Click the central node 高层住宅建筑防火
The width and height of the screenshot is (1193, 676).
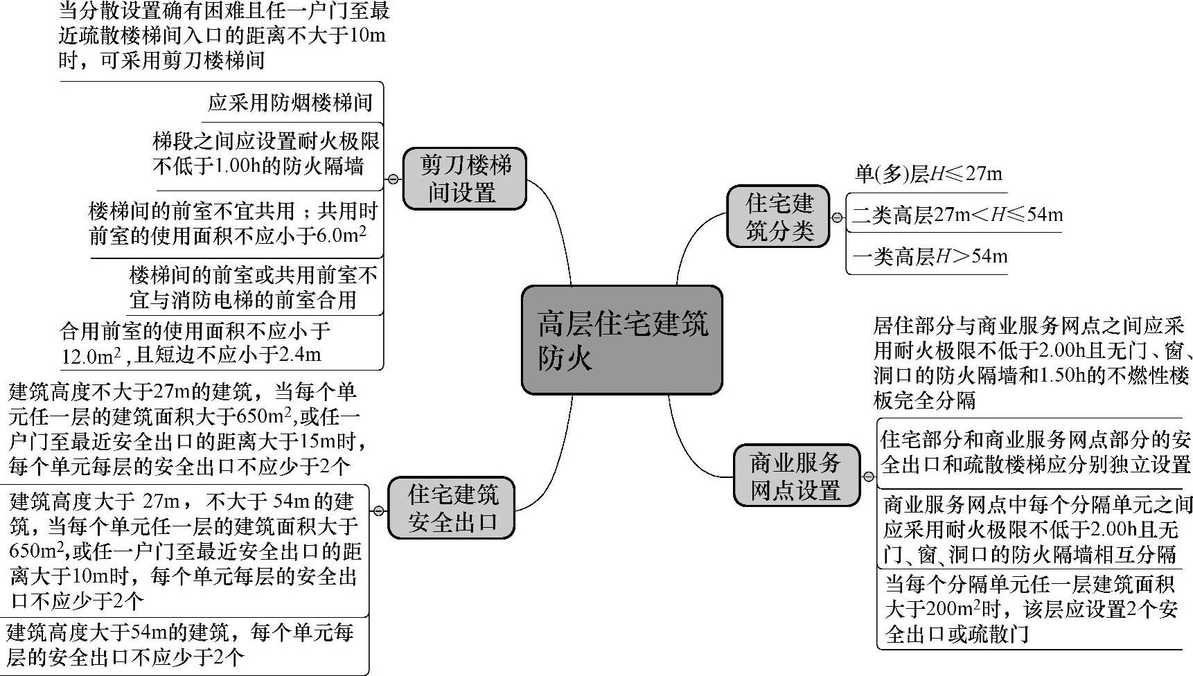621,339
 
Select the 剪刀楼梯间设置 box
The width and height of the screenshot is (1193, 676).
464,179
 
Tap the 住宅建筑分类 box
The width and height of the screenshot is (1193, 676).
778,216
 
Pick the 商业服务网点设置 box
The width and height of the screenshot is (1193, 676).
796,476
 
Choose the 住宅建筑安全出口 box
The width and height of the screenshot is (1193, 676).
452,508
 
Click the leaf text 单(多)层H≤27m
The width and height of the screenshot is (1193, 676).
928,174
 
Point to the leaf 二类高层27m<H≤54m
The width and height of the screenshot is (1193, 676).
957,215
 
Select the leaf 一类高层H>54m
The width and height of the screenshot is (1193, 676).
929,257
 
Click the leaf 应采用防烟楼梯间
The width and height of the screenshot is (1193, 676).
291,103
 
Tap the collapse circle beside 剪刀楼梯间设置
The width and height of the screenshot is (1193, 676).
393,179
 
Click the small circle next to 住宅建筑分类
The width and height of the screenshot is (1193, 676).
837,217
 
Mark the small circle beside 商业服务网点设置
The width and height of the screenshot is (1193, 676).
868,477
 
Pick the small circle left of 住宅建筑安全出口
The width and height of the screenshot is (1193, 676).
378,511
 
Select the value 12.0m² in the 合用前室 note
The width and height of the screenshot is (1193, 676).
91,356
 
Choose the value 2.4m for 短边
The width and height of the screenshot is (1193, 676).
301,356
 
